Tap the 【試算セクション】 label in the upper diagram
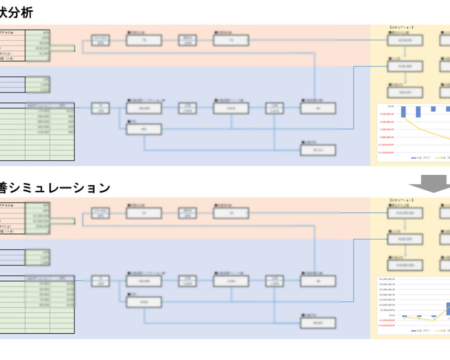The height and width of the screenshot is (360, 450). [x=401, y=28]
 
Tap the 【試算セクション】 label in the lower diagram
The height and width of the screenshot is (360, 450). [x=401, y=200]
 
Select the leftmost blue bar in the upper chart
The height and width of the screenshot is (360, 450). [x=403, y=112]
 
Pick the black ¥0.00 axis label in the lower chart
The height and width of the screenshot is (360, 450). [x=389, y=315]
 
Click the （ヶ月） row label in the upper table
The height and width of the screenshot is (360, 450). [x=12, y=59]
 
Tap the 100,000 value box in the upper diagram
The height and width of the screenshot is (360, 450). [x=144, y=108]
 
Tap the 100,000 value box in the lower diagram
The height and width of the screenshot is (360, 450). [x=144, y=281]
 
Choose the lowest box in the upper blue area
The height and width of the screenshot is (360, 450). [x=318, y=150]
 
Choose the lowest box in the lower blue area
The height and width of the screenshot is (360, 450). [x=318, y=323]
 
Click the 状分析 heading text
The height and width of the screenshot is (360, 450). [x=16, y=13]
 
